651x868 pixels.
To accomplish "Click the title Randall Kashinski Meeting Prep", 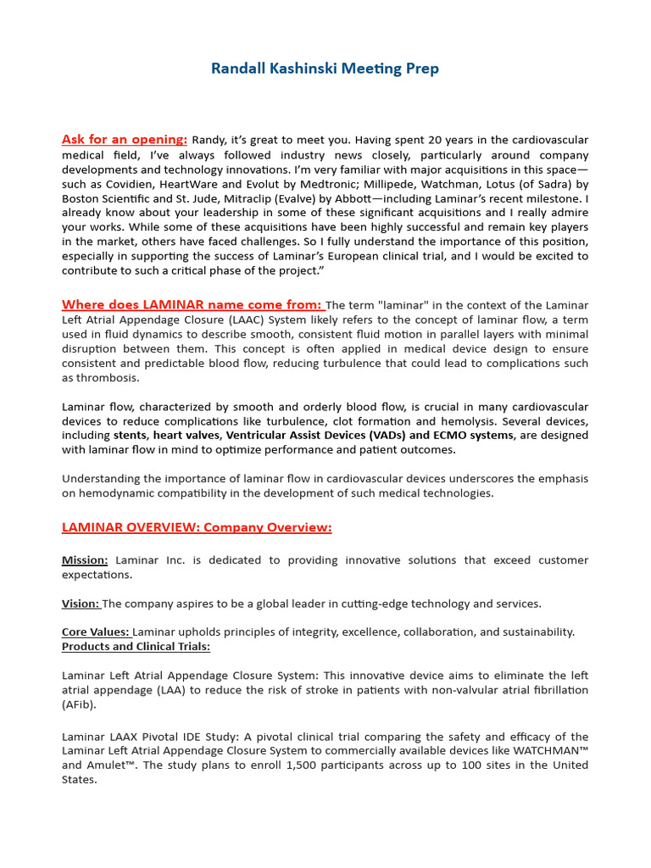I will tap(325, 69).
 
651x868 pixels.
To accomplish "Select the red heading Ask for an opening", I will tap(124, 139).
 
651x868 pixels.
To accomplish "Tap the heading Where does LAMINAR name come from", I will tap(192, 304).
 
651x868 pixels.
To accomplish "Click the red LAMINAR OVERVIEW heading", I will tap(197, 527).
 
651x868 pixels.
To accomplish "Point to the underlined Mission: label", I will tap(85, 560).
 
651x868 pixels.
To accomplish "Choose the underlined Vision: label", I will tap(81, 604).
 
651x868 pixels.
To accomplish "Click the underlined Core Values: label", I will tap(97, 632).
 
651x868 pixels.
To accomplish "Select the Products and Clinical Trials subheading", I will tap(136, 647).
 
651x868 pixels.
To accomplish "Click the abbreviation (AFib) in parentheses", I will tap(79, 705).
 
